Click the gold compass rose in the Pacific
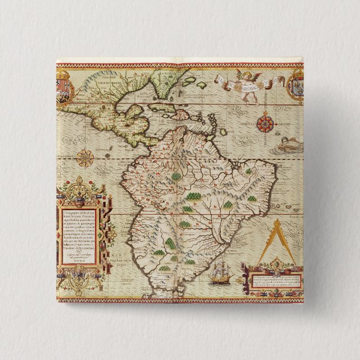(x=85, y=158)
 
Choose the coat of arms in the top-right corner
(x=295, y=84)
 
